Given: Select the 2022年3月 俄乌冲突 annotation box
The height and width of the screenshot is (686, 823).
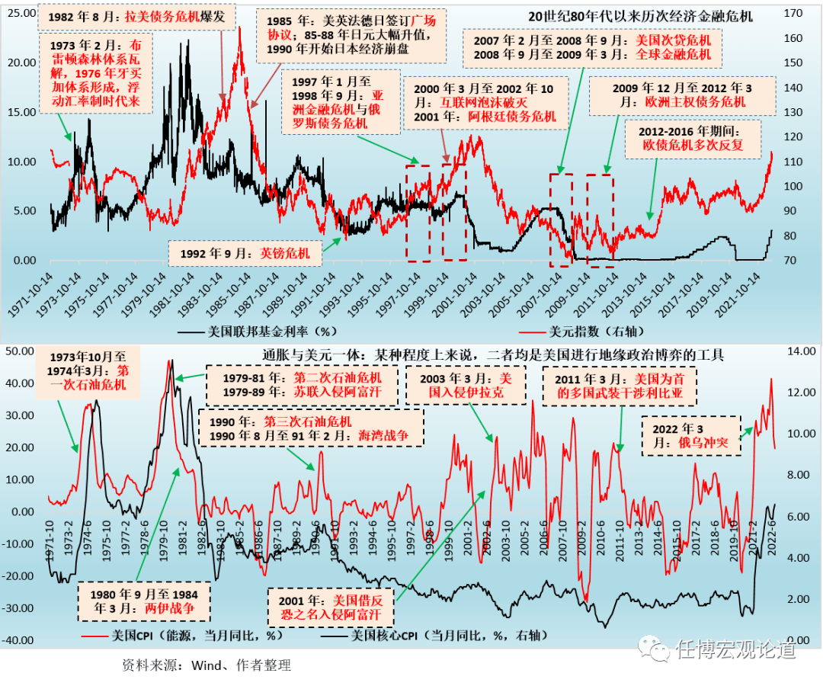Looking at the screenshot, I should [690, 436].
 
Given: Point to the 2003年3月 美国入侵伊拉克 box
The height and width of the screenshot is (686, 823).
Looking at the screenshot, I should [466, 386].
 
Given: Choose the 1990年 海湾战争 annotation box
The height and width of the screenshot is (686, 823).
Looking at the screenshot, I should [311, 428].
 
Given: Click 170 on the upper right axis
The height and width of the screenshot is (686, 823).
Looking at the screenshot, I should [793, 13].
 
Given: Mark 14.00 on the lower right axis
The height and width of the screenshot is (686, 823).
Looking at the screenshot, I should [793, 351].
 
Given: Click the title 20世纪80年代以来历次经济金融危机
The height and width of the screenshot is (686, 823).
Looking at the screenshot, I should [641, 16].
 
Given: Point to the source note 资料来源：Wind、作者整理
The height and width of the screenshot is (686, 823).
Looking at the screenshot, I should [206, 665].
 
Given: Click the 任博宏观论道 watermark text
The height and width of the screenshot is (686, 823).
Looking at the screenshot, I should [735, 649].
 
